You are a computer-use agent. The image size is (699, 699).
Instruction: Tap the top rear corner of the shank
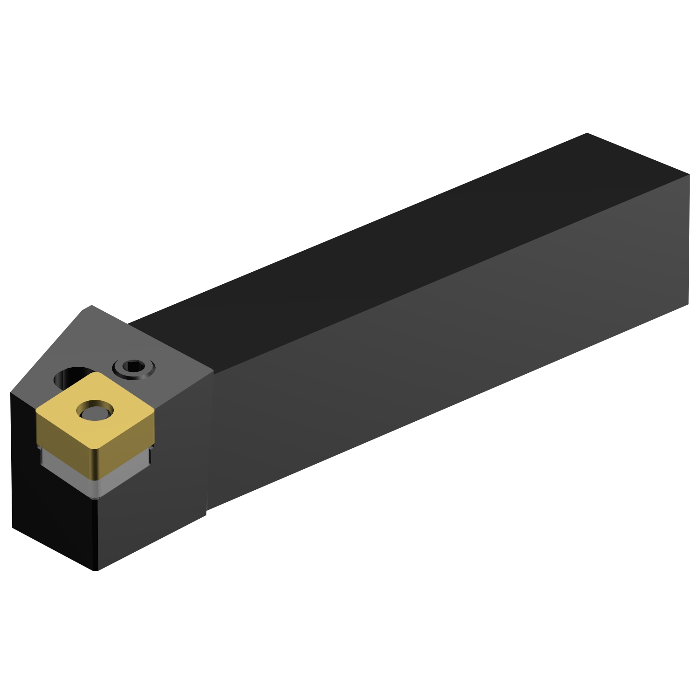tap(587, 134)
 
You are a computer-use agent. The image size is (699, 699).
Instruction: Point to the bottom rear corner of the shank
tap(688, 305)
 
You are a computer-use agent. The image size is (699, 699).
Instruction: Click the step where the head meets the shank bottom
tap(206, 513)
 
